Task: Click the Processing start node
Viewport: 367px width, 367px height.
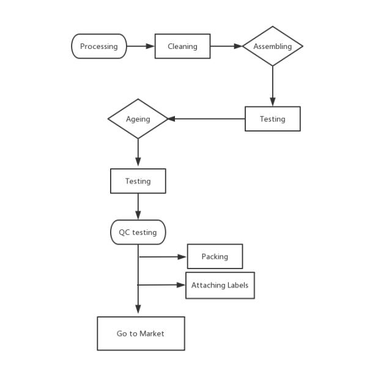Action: (x=99, y=46)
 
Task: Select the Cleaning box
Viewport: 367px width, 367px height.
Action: (x=182, y=46)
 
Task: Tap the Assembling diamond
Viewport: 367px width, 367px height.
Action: (x=273, y=46)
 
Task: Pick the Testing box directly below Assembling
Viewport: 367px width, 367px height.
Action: (x=273, y=119)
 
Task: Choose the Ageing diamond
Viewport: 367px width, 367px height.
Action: (x=138, y=119)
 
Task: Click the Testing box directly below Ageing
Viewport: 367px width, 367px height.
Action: (x=138, y=181)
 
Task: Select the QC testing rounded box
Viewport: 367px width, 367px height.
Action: (x=138, y=232)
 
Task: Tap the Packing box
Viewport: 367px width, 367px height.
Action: (x=215, y=256)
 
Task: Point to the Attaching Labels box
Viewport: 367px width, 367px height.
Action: (x=220, y=285)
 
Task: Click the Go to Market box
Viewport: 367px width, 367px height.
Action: (x=141, y=333)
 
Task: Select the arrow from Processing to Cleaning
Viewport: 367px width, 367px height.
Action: (x=141, y=46)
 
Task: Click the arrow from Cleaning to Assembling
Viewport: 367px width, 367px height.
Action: (x=226, y=46)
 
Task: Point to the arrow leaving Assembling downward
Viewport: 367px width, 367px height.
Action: (x=273, y=86)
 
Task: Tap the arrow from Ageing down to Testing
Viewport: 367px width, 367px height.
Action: (x=138, y=153)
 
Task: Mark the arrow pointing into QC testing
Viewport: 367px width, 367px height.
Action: (x=138, y=207)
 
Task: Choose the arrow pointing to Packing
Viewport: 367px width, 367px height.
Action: (x=163, y=257)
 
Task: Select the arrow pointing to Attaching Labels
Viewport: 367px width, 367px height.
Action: (x=162, y=285)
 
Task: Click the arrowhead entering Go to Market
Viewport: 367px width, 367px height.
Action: (x=138, y=309)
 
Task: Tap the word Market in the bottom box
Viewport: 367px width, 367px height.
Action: (x=152, y=333)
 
